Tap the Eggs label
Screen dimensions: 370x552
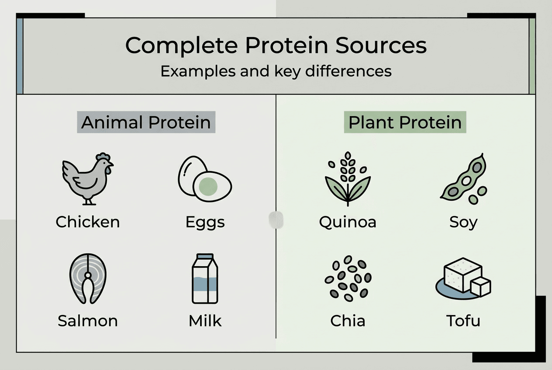[x=205, y=222]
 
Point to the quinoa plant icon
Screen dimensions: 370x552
[x=347, y=179]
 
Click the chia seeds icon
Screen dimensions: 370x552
[x=348, y=278]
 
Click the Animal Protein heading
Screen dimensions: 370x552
[x=146, y=123]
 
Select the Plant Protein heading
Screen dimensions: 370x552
[x=405, y=123]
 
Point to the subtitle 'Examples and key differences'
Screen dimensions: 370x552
[x=276, y=71]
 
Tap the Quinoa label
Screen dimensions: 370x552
[x=348, y=222]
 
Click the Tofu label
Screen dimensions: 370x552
[x=463, y=321]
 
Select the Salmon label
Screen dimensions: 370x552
[x=88, y=321]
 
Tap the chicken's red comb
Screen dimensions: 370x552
[x=103, y=157]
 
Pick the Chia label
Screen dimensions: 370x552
[x=348, y=321]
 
